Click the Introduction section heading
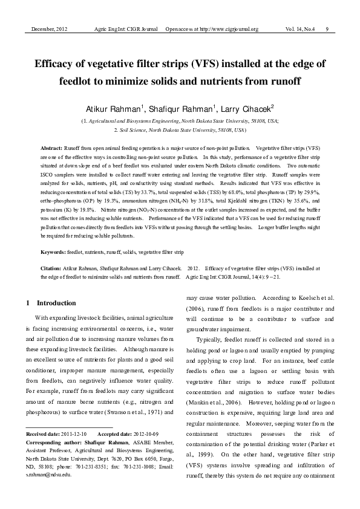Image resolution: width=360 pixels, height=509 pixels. [57, 302]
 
